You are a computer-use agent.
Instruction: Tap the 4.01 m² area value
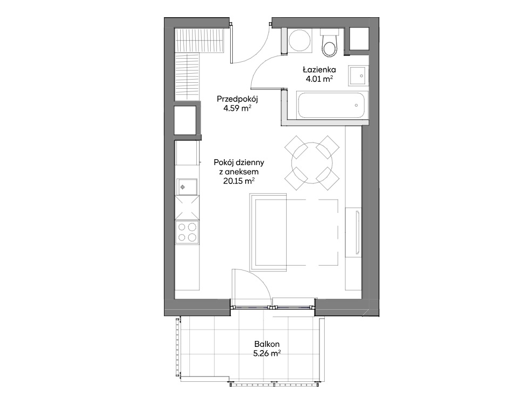pos(319,79)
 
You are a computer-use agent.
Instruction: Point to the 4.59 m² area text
pos(237,109)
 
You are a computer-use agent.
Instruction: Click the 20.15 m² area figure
pos(239,181)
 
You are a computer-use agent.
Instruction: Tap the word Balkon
pos(267,344)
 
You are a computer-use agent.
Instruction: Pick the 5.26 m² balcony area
pos(267,353)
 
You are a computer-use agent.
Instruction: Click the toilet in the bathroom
pos(329,44)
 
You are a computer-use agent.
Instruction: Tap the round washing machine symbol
pos(301,41)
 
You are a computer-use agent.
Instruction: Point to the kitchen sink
pos(187,187)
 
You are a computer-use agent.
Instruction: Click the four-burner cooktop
pos(187,232)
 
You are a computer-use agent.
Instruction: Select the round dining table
pos(312,163)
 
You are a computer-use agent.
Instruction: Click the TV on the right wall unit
pos(358,233)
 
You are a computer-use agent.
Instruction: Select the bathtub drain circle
pos(356,105)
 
